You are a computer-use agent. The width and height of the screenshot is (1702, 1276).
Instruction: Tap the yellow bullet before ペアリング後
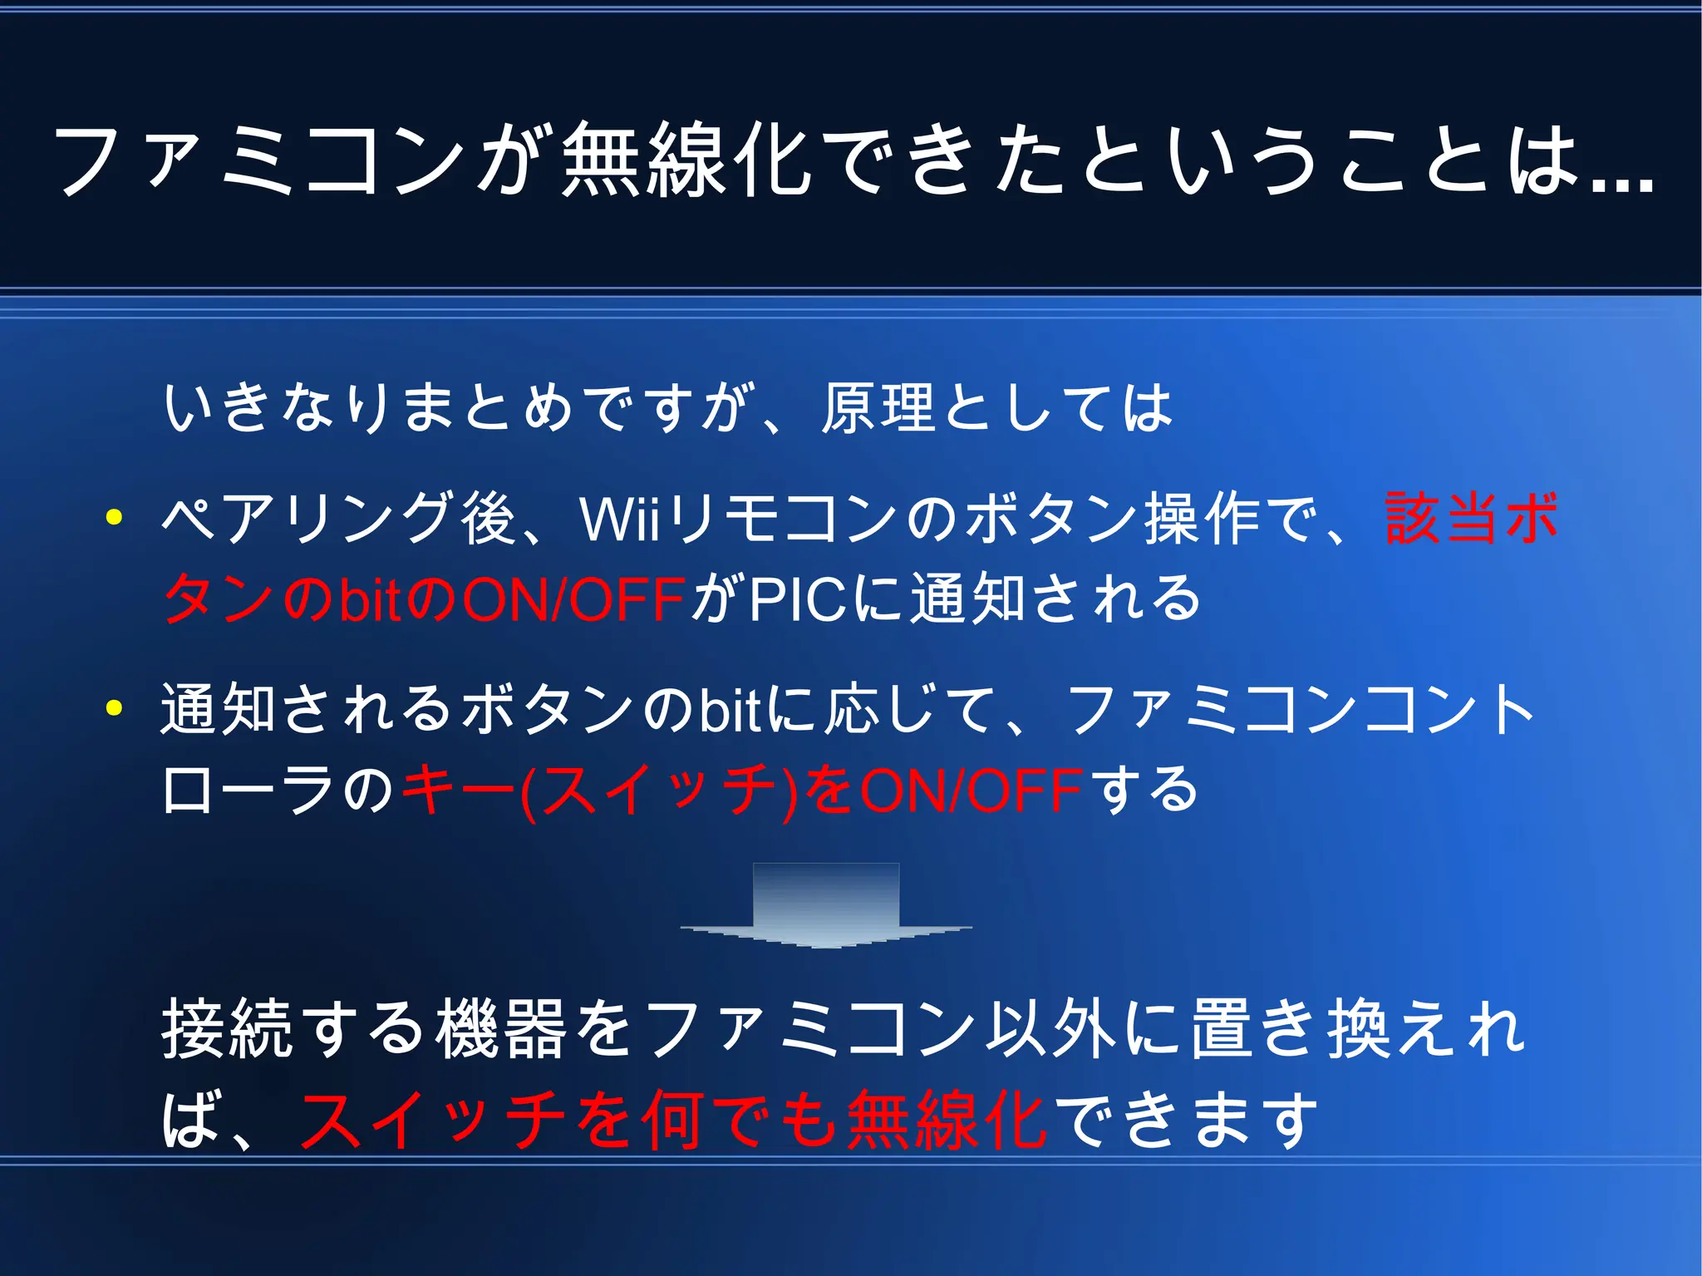click(x=115, y=518)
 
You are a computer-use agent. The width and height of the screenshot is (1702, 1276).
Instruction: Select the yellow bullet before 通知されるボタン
click(x=115, y=708)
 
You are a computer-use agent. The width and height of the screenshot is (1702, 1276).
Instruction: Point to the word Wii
click(x=619, y=519)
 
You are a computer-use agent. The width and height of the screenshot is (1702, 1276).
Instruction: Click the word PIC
click(x=798, y=599)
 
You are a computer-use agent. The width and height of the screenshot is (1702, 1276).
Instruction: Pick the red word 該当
click(x=1443, y=519)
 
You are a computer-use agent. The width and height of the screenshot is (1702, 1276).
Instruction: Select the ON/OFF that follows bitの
click(x=573, y=599)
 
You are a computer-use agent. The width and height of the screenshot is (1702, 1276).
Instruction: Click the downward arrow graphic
click(x=826, y=906)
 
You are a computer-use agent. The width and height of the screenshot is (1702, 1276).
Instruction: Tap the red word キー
click(x=457, y=790)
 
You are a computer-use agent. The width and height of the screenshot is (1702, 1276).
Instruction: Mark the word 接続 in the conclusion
click(x=226, y=1028)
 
